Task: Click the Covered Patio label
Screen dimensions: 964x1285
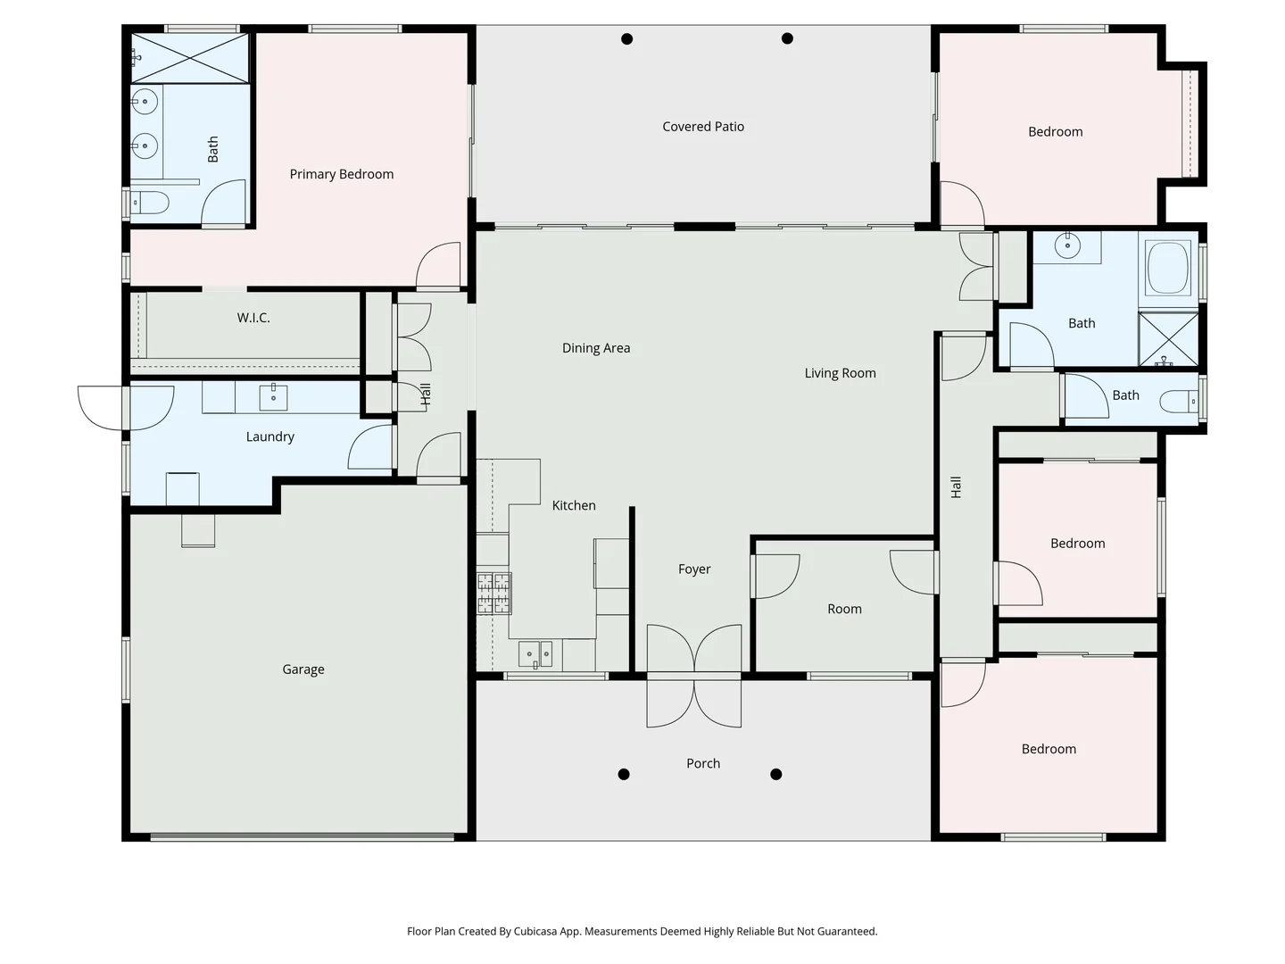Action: tap(703, 127)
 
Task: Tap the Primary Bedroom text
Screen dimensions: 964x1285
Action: tap(341, 174)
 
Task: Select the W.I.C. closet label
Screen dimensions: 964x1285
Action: tap(253, 318)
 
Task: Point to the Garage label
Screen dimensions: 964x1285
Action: tap(303, 669)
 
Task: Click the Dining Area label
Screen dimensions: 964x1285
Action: tap(596, 348)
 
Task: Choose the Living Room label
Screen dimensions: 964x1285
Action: tap(840, 373)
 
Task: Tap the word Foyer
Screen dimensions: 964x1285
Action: tap(694, 569)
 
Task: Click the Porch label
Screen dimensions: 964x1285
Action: tap(703, 763)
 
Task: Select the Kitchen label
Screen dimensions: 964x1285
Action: tap(574, 505)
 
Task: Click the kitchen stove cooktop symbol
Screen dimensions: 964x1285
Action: tap(494, 594)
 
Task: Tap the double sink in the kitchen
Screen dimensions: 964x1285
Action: tap(535, 654)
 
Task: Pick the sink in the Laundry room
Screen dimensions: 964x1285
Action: tap(273, 396)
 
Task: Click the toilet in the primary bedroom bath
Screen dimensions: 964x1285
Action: tap(149, 204)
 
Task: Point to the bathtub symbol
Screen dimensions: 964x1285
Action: tap(1168, 269)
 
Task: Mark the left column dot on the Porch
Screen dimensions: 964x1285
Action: tap(624, 774)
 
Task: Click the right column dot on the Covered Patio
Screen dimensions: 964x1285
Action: tap(787, 38)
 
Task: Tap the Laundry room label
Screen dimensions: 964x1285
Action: tap(269, 436)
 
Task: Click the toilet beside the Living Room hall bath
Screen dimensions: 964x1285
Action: tap(1180, 403)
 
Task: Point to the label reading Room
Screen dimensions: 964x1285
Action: tap(844, 609)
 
